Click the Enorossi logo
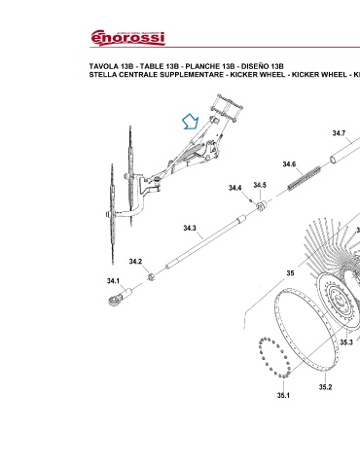pos(127,38)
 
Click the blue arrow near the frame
pos(191,122)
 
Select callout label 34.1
pos(113,281)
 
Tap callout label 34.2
pos(135,262)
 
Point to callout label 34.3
pos(190,228)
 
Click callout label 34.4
pos(234,188)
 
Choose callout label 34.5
pos(260,185)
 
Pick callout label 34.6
pos(289,164)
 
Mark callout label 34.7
pos(339,133)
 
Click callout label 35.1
pos(283,395)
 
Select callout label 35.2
pos(325,387)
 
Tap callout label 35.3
pos(346,342)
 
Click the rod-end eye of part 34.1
pos(114,301)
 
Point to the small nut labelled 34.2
pos(151,276)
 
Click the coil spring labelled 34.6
pos(305,178)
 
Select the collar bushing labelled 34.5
pos(262,205)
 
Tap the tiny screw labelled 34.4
pos(251,200)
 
